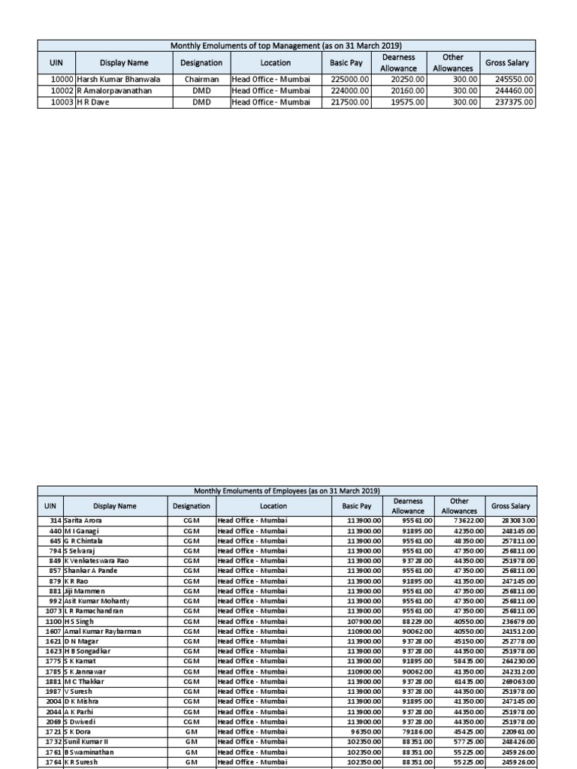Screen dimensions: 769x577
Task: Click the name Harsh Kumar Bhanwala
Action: (118, 79)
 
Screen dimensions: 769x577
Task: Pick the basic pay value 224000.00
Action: (350, 91)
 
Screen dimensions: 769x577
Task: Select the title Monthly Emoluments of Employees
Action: (287, 490)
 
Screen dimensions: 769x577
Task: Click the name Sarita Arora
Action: (83, 520)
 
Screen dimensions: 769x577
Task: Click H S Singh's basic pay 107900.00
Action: (364, 621)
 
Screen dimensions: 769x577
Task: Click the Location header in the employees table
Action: (273, 506)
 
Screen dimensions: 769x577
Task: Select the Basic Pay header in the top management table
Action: (346, 63)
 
